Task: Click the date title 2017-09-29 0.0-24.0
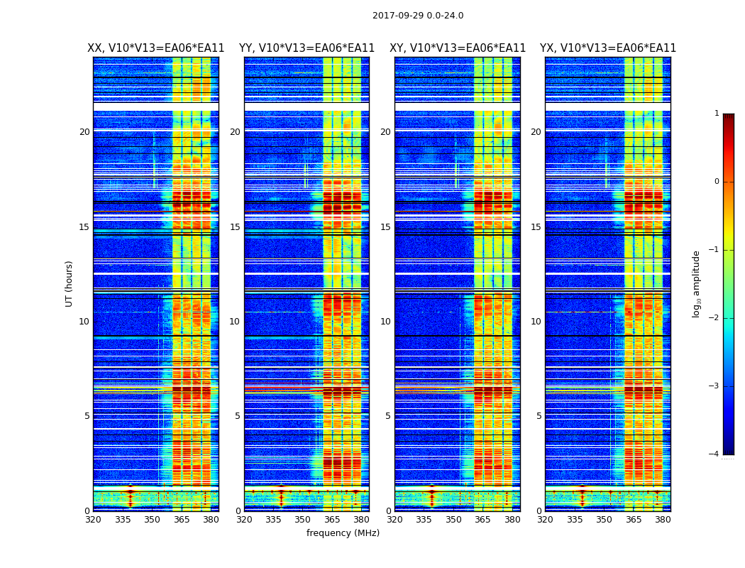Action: click(418, 16)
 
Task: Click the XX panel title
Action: click(155, 48)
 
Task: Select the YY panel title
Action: click(307, 48)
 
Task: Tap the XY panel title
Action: click(458, 48)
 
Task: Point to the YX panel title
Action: click(608, 48)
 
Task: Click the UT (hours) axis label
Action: click(70, 283)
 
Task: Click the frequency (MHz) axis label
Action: click(343, 533)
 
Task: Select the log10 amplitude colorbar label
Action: click(696, 283)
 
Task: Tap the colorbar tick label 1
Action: click(717, 114)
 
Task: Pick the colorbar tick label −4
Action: click(715, 454)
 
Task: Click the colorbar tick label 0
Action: click(717, 182)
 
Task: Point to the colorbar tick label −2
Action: click(715, 318)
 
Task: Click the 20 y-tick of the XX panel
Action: click(84, 132)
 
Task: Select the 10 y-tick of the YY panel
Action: click(236, 322)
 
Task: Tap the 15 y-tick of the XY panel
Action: click(386, 227)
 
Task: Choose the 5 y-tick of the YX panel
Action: click(539, 416)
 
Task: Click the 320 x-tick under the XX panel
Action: click(93, 520)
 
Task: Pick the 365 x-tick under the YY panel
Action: click(332, 520)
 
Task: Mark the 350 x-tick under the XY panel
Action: click(453, 520)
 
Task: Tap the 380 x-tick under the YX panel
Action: click(663, 520)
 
